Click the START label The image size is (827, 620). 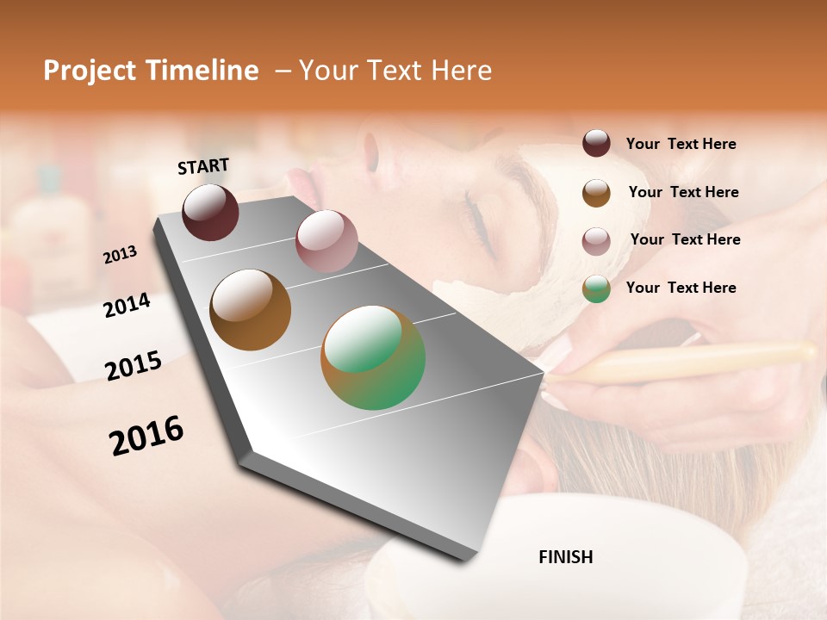(203, 166)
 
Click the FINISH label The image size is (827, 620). (566, 557)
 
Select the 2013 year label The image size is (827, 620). (120, 255)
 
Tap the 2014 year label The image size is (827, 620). (127, 306)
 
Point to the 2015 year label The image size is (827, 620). (134, 366)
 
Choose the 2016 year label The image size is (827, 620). (146, 436)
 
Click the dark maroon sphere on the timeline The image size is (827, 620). (210, 212)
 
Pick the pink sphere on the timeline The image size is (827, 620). (326, 240)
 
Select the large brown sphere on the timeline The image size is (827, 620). (251, 310)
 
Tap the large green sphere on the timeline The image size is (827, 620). (373, 357)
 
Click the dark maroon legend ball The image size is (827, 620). (596, 143)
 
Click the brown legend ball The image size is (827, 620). (596, 193)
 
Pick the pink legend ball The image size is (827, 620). (596, 241)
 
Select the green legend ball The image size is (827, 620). (596, 288)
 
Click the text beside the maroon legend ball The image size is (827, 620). (681, 145)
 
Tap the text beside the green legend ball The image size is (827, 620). (681, 288)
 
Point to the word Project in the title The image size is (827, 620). (90, 71)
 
